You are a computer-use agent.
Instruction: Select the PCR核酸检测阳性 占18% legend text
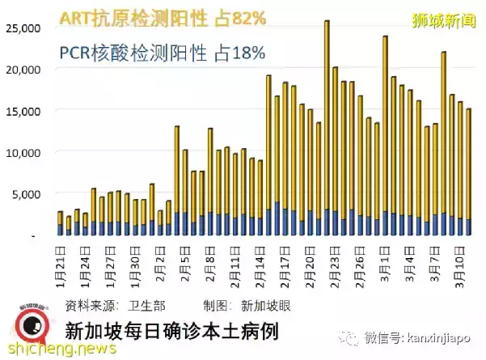pos(162,53)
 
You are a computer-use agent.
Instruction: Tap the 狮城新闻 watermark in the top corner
pos(442,16)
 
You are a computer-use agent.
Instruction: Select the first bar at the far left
pos(60,223)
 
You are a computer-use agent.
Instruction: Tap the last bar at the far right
pos(468,172)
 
